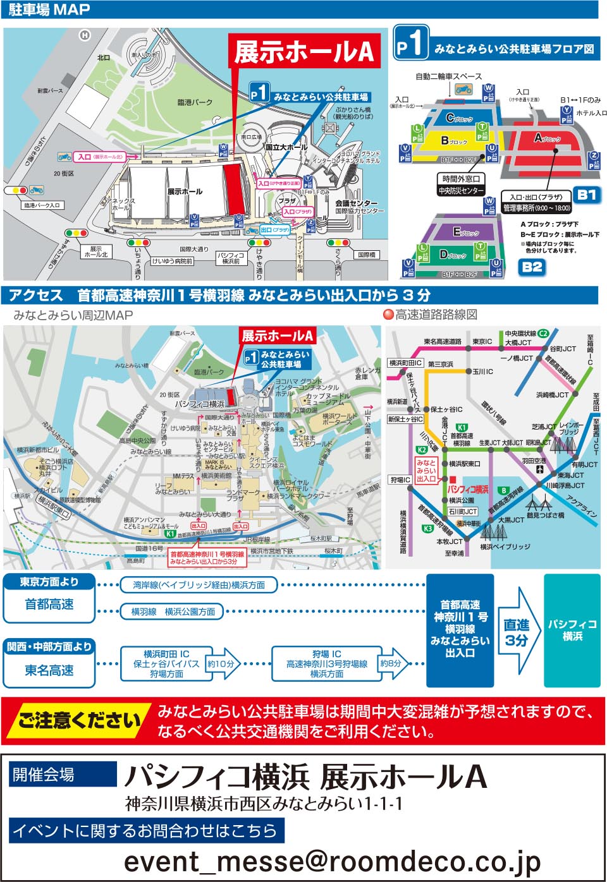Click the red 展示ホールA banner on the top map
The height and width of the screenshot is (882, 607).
tap(304, 52)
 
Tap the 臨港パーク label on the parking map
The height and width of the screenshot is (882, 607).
tap(195, 102)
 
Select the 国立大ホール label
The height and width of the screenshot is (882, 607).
tap(286, 147)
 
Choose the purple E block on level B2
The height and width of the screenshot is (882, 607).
tap(466, 232)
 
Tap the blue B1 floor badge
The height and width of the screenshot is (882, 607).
tap(586, 195)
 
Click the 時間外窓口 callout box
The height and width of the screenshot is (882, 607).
tap(461, 179)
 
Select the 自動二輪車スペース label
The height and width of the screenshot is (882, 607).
tap(448, 76)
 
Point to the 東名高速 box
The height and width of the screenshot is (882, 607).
tap(49, 670)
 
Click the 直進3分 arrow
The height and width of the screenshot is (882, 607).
tap(517, 632)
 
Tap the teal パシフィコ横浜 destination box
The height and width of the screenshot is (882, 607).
tap(572, 630)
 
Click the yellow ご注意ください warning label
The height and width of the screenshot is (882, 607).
tap(80, 720)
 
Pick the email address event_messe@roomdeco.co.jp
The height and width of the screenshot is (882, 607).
tap(332, 861)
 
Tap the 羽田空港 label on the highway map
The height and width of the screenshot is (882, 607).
tap(534, 461)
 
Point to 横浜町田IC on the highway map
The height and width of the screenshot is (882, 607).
tap(405, 363)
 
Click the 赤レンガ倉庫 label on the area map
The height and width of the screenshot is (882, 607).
tap(367, 373)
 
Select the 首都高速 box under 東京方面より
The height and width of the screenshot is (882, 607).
tap(49, 605)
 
